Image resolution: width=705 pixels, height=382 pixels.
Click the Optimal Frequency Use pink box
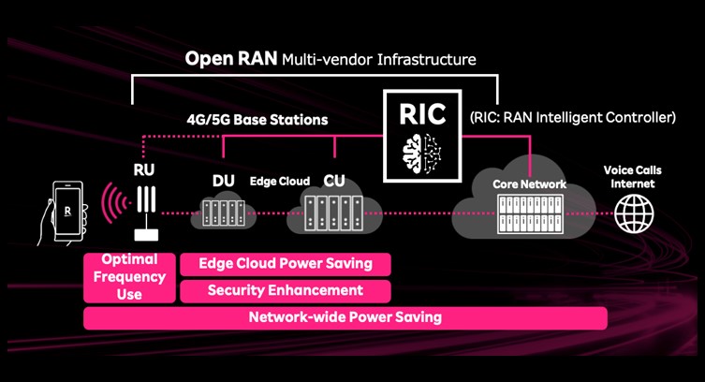coord(129,277)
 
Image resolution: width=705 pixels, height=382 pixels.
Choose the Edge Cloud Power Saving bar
coord(285,264)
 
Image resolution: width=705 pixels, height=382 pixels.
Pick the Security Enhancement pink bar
coord(285,290)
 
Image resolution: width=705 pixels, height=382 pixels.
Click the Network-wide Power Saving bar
coord(345,317)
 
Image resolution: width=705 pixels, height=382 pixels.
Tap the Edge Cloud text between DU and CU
coord(280,179)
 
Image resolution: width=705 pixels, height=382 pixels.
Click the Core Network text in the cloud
coord(530,184)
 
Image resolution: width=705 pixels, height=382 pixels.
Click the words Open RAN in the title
coord(230,59)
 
